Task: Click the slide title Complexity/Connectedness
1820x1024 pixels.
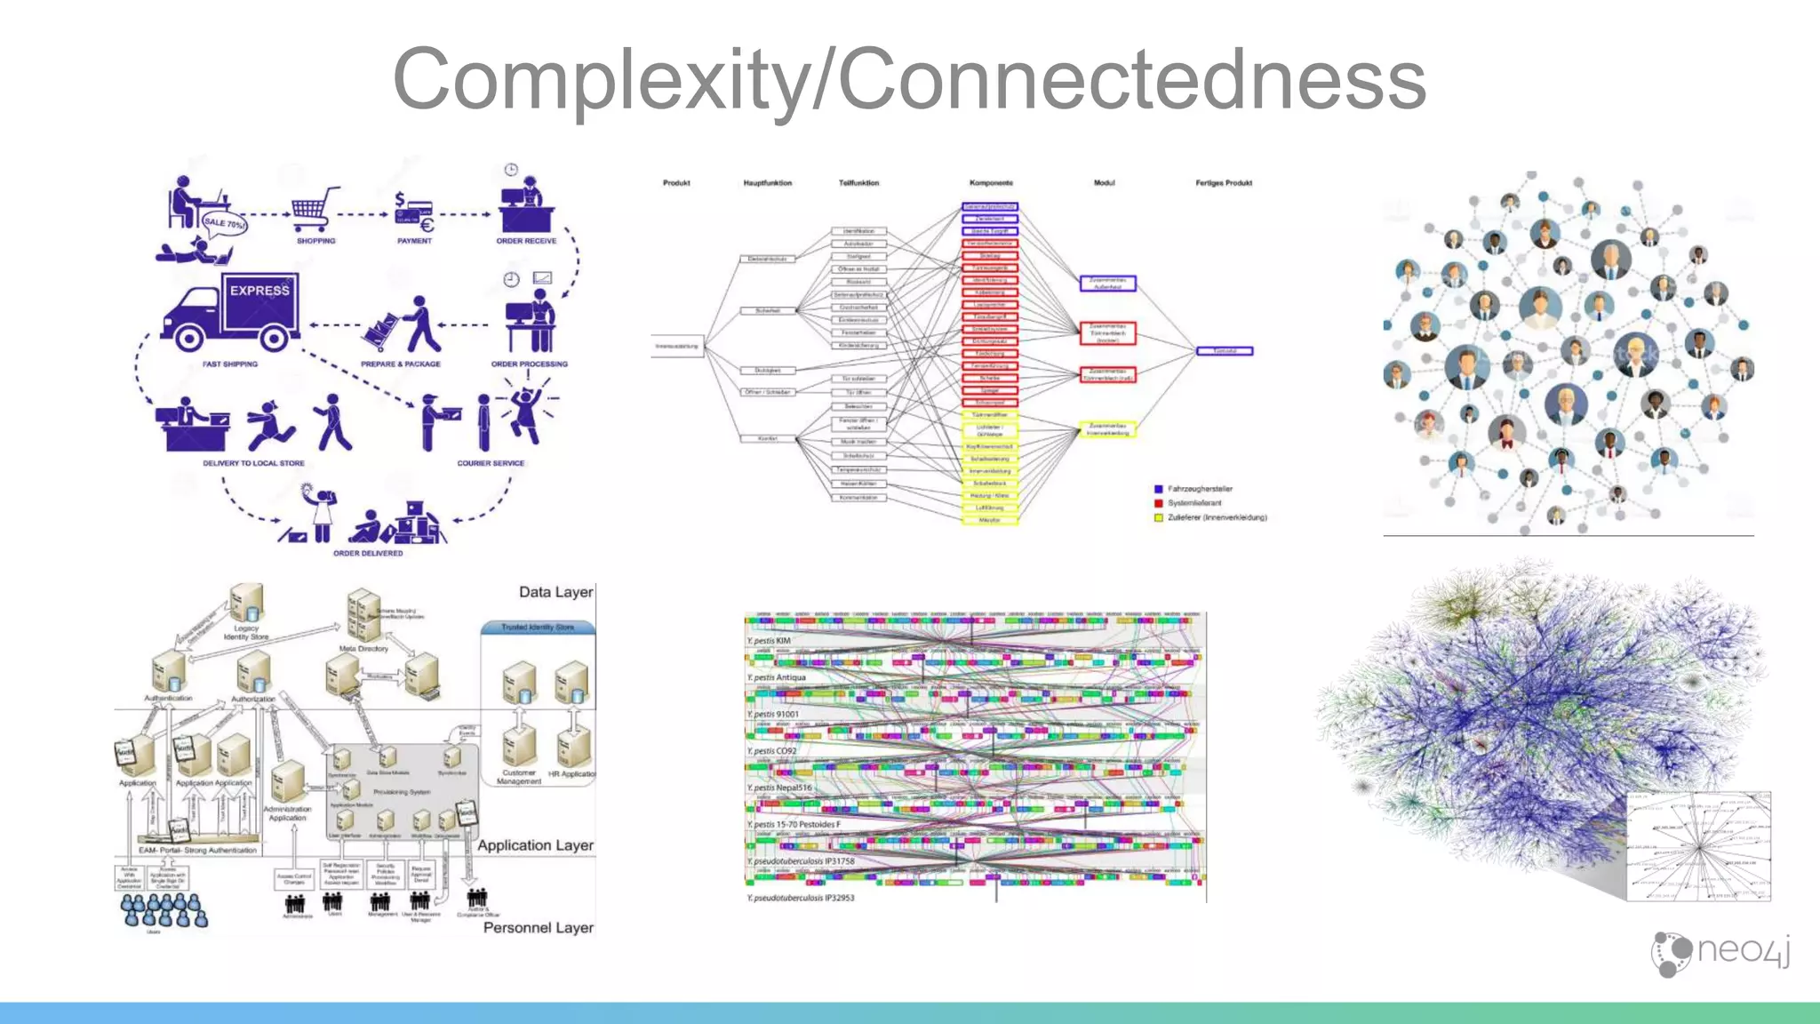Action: [x=909, y=80]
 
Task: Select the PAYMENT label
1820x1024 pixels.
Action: [x=414, y=241]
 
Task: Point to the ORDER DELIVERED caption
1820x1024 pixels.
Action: [x=368, y=553]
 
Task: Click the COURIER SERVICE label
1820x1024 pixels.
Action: [x=491, y=463]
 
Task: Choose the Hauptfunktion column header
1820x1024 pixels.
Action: [x=767, y=183]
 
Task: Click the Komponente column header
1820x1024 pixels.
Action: [x=991, y=183]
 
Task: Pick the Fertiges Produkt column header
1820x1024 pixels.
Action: [x=1223, y=183]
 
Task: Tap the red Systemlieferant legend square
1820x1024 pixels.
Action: [x=1158, y=503]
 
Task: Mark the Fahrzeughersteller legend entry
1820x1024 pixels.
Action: [x=1200, y=489]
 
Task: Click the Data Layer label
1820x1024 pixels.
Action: [x=555, y=592]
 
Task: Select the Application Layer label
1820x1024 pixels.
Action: [x=535, y=845]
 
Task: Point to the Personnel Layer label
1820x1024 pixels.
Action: [x=538, y=928]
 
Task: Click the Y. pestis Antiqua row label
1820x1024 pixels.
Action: [x=776, y=677]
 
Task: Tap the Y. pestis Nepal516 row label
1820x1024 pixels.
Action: [x=779, y=788]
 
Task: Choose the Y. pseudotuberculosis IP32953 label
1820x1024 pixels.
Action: [x=800, y=898]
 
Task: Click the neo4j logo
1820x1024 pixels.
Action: [x=1720, y=952]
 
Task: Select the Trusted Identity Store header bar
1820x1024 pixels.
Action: [x=538, y=628]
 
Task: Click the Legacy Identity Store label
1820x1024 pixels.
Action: [x=246, y=632]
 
